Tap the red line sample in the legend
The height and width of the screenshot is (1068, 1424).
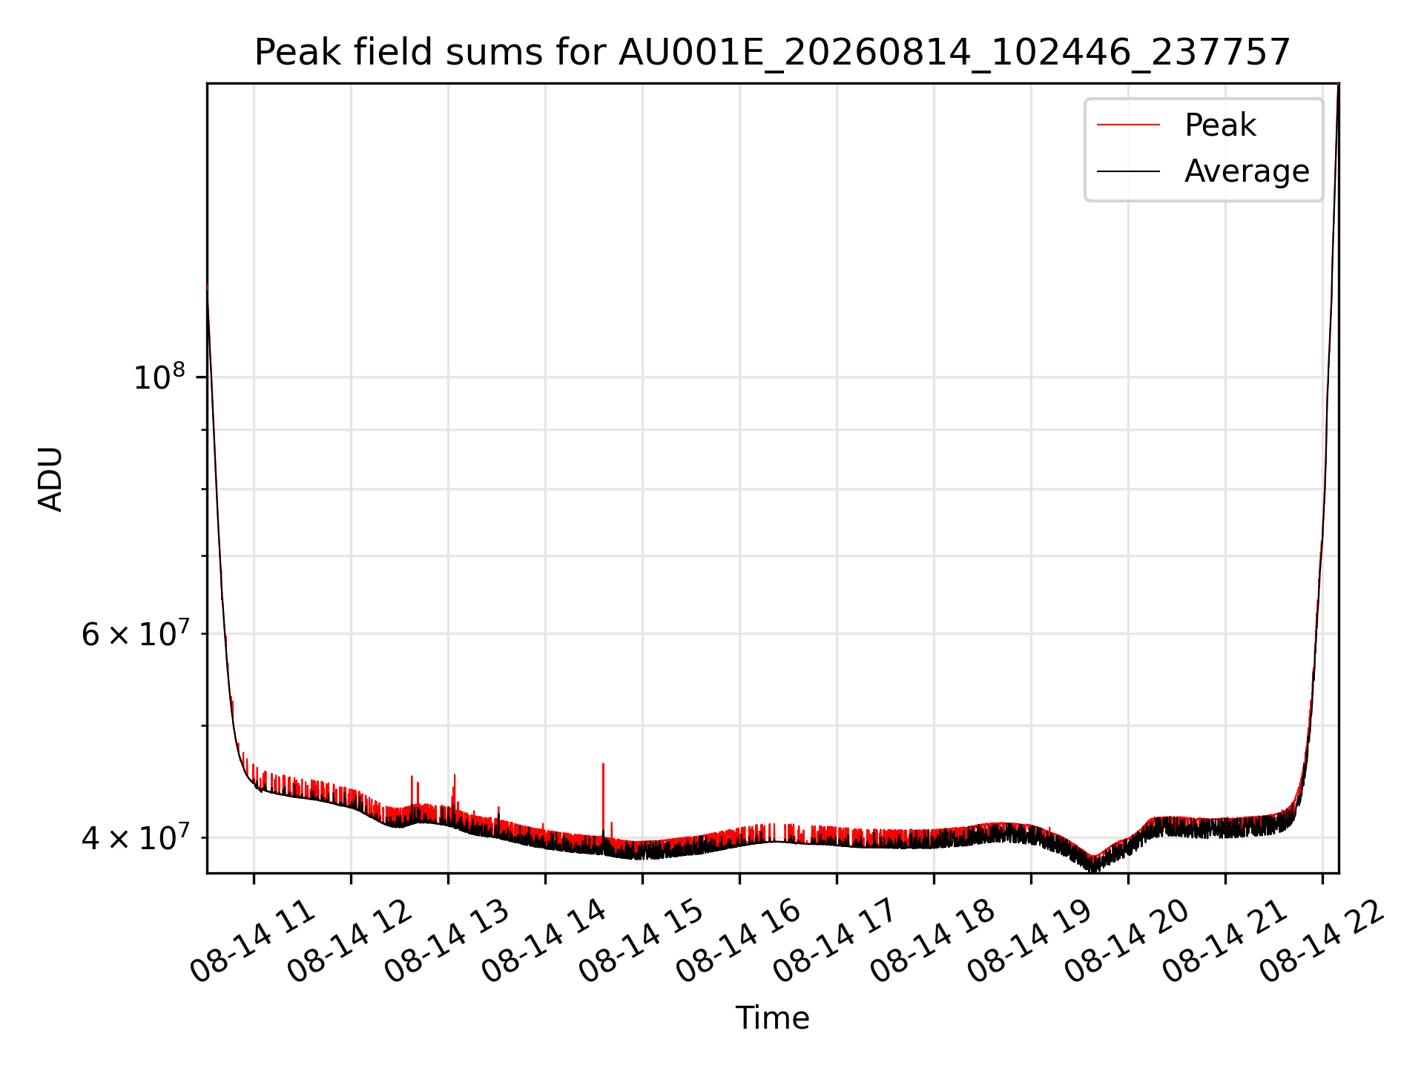tap(1128, 125)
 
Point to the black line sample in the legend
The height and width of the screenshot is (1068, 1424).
tap(1128, 171)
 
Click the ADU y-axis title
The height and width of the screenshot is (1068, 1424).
tap(50, 478)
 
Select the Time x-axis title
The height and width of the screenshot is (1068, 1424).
tap(772, 1018)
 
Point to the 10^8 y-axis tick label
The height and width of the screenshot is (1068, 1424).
tap(159, 376)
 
